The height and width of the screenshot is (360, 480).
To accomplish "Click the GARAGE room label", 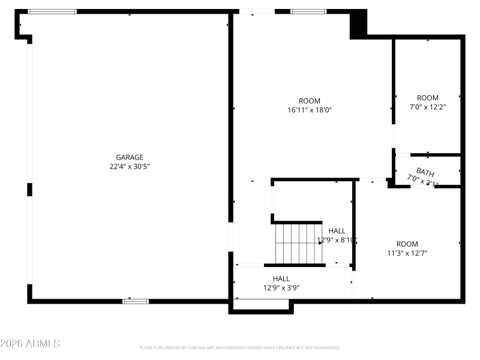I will tap(130, 157).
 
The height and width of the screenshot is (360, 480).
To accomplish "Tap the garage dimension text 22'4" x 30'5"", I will tap(130, 167).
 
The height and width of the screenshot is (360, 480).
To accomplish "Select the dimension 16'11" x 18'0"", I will tap(310, 110).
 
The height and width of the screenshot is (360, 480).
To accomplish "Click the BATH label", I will tap(425, 173).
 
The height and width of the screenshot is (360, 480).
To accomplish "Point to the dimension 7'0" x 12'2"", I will tap(428, 107).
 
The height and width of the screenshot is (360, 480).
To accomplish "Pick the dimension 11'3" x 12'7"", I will tap(407, 253).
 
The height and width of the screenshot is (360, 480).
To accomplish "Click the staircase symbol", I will tap(299, 243).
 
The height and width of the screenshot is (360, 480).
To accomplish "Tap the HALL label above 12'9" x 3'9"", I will tap(281, 278).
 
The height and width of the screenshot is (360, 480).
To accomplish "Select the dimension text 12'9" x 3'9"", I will tap(281, 288).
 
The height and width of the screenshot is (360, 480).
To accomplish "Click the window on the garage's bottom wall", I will tap(136, 301).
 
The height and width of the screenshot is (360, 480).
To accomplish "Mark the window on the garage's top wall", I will tap(53, 11).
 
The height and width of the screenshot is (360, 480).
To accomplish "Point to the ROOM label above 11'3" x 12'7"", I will tap(407, 244).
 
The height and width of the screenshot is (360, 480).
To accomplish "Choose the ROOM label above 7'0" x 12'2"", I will tap(428, 98).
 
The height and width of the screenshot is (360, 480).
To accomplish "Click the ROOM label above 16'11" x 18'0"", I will tap(310, 101).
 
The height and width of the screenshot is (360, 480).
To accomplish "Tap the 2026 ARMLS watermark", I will tap(30, 344).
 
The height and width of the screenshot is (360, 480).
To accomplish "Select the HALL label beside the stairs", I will tap(337, 230).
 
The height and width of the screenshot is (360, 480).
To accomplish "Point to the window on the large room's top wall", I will tap(308, 11).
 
